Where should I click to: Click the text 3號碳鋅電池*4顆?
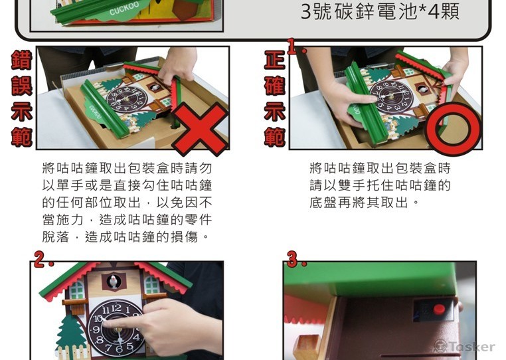coord(380,12)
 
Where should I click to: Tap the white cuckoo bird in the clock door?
coord(117,281)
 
